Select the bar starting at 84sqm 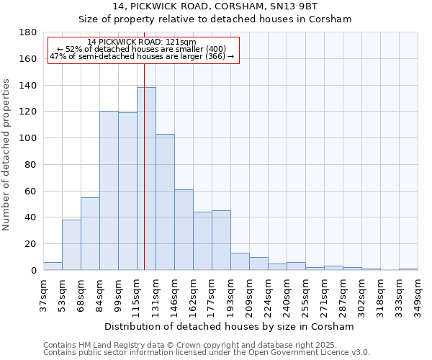click(109, 191)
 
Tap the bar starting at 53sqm click(71, 245)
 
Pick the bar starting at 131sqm click(165, 202)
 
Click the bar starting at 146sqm click(184, 230)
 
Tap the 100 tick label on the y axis click(29, 138)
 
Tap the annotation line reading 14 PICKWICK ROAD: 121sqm click(141, 42)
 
